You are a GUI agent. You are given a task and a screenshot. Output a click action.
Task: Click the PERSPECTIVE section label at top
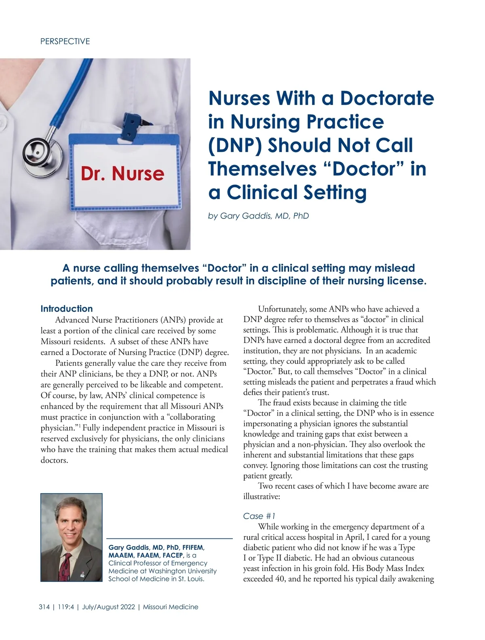tap(65, 41)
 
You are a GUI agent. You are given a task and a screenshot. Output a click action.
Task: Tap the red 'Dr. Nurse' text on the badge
tap(122, 174)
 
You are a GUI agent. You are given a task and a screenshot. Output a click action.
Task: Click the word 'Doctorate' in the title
tap(387, 98)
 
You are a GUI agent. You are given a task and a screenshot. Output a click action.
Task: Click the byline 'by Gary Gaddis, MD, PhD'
tap(258, 216)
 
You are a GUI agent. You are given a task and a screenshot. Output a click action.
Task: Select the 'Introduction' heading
tap(67, 309)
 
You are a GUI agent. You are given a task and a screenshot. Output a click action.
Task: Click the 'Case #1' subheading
tap(259, 516)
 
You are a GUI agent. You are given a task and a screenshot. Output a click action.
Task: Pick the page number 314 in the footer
tap(44, 607)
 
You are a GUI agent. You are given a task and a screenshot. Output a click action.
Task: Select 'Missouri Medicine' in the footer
tap(171, 607)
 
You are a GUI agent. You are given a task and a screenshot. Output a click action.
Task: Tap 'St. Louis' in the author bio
tap(190, 579)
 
